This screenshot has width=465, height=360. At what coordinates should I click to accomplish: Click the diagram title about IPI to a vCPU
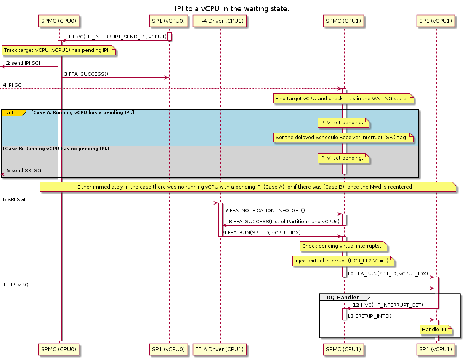click(232, 8)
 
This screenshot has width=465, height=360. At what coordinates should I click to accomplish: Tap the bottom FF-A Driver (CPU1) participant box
click(220, 349)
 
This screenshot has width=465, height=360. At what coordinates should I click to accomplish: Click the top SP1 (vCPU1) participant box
click(436, 21)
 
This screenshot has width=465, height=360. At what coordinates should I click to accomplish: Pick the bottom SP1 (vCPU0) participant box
click(169, 349)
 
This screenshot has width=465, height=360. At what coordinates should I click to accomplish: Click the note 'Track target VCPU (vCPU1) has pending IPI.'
click(59, 51)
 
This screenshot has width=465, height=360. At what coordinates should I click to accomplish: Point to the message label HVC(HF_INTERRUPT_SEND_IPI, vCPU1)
click(119, 37)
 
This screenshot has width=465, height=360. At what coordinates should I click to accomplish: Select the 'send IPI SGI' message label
click(26, 63)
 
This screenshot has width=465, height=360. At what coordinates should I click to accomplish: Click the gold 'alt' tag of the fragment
click(11, 113)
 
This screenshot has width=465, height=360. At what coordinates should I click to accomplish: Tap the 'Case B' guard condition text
click(56, 148)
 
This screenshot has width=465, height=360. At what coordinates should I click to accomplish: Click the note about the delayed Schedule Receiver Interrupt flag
click(343, 138)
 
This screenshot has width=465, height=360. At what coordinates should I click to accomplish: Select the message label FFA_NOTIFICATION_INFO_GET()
click(267, 210)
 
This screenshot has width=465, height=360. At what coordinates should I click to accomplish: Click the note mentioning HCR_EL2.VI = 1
click(343, 261)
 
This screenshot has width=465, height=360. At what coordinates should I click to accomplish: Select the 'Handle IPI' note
click(436, 330)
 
